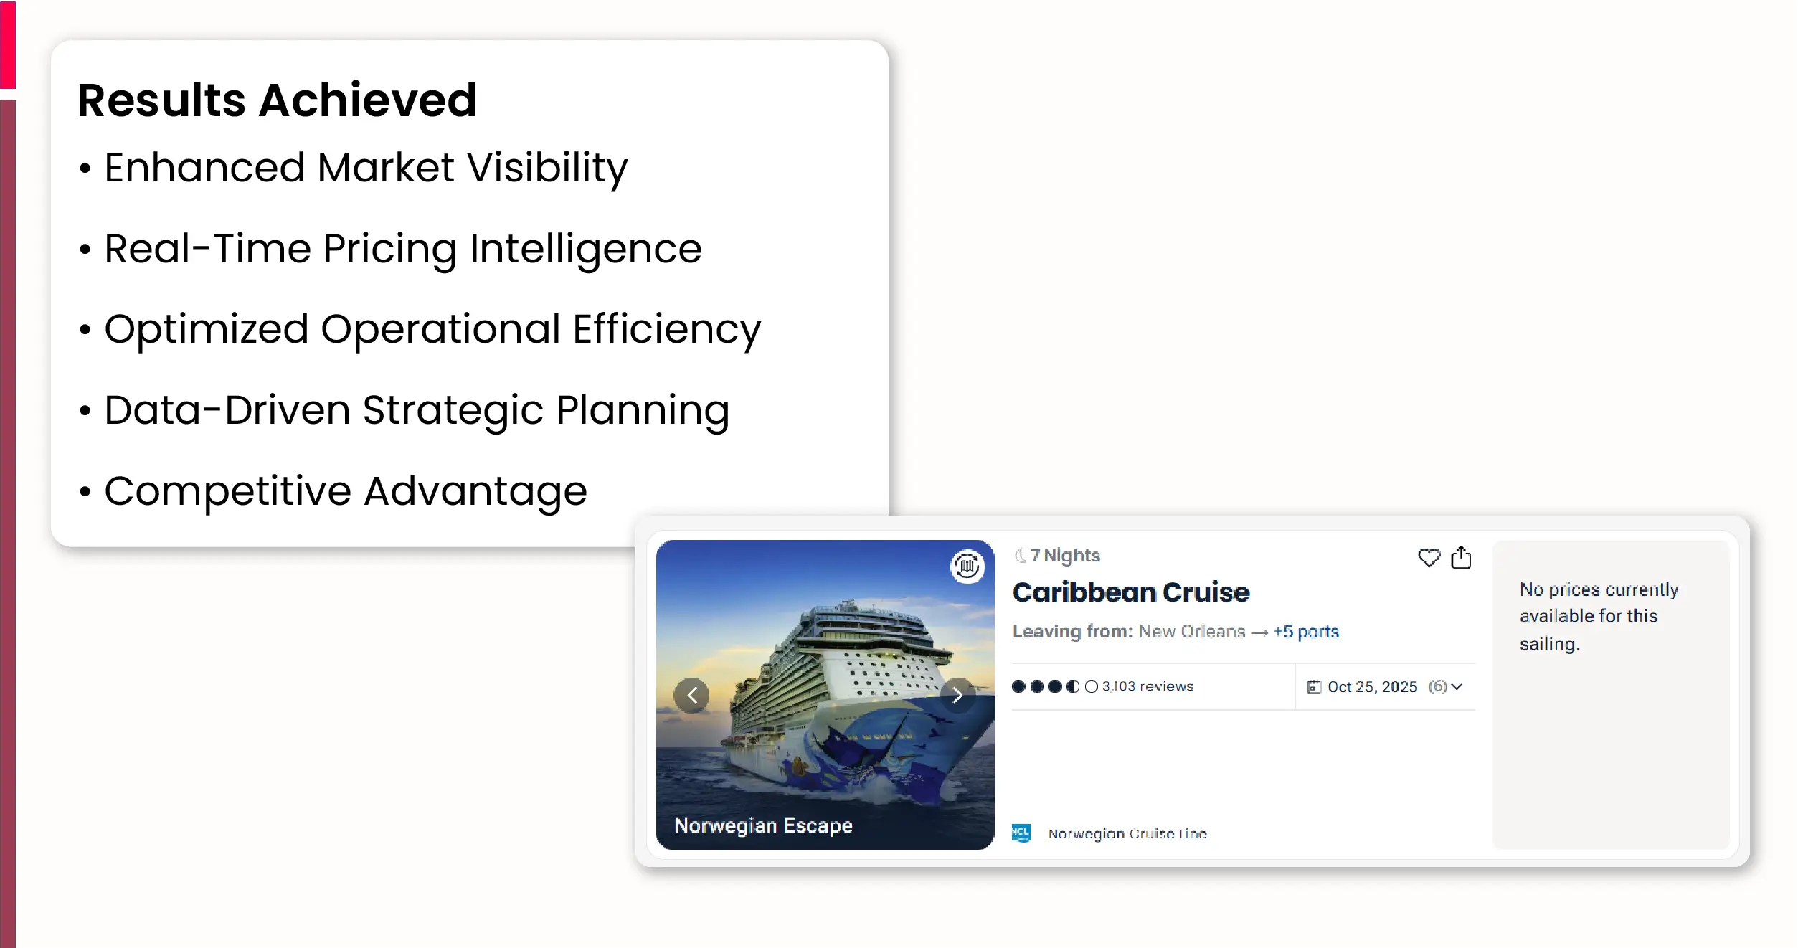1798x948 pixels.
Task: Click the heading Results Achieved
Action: [x=277, y=100]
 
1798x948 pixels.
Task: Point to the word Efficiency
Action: [x=666, y=331]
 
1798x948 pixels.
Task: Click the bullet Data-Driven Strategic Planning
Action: [x=417, y=411]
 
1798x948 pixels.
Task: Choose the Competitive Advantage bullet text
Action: [x=346, y=491]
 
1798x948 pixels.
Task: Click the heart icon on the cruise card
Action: [x=1429, y=558]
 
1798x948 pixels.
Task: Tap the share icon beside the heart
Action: [x=1461, y=557]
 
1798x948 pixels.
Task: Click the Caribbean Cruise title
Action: [x=1130, y=592]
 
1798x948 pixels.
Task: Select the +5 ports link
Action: [x=1306, y=632]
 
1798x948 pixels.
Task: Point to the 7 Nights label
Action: [x=1064, y=556]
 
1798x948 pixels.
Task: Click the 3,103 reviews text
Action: [x=1148, y=686]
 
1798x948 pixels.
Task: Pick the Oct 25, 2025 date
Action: [x=1372, y=687]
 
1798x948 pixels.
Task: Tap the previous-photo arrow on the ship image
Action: [x=691, y=695]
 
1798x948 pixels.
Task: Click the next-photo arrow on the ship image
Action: [x=957, y=695]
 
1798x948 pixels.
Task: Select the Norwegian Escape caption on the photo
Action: [x=763, y=825]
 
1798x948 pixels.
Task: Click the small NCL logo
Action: [x=1021, y=833]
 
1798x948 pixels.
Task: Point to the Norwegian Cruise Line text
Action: [x=1127, y=834]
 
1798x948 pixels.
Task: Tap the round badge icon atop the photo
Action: [x=967, y=567]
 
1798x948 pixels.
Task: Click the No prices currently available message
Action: [x=1599, y=617]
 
